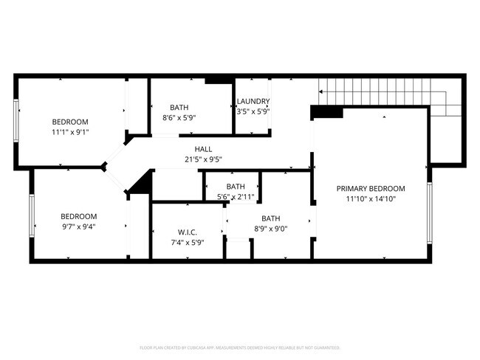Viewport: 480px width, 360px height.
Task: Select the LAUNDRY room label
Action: (x=253, y=102)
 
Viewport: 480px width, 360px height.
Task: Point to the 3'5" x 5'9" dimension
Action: (x=253, y=112)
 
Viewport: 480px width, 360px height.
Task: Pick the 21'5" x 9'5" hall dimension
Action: (x=204, y=159)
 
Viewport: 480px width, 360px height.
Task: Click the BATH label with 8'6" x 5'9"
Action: (x=179, y=107)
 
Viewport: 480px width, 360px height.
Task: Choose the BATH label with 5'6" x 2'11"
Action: (x=236, y=187)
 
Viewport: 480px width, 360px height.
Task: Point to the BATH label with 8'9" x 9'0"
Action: (x=271, y=218)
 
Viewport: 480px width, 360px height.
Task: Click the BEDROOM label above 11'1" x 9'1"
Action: (x=70, y=122)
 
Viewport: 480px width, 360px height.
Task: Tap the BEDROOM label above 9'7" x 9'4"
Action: (x=78, y=216)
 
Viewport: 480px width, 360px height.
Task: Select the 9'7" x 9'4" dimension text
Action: (x=78, y=226)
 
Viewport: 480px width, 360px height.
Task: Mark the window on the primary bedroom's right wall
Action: (x=429, y=213)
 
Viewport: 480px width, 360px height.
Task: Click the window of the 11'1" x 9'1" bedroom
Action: (x=16, y=120)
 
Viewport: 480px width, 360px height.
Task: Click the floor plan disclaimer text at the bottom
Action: (x=239, y=347)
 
